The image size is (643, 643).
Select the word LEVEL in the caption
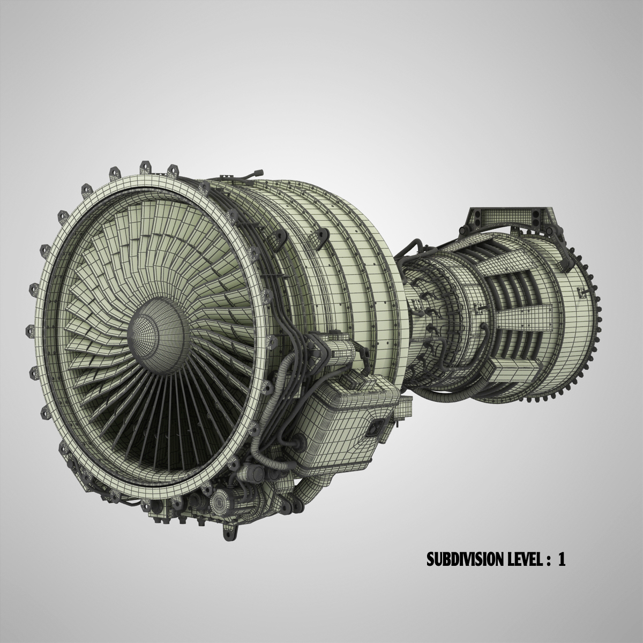click(x=523, y=559)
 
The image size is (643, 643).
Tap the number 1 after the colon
click(x=562, y=559)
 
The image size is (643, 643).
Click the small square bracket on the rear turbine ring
click(x=582, y=291)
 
